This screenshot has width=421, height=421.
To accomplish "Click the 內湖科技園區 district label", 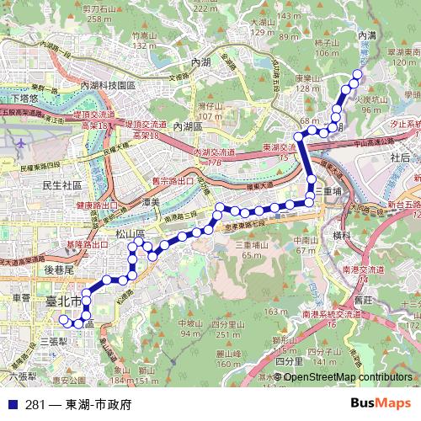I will tap(107, 86).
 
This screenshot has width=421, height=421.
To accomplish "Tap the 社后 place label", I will tap(401, 157).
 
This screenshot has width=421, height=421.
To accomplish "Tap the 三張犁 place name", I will tap(54, 342).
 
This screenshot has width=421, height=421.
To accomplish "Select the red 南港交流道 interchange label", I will tap(364, 269).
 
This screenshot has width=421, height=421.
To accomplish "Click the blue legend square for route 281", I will tap(12, 404).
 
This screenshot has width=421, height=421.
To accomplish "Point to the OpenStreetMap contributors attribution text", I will tap(348, 377).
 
